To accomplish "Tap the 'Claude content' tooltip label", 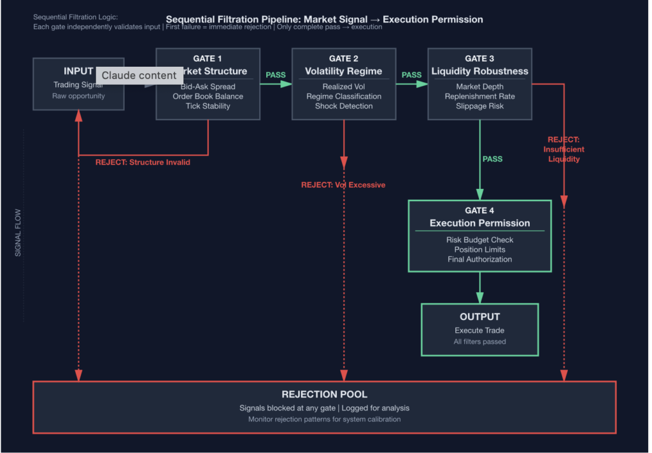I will [139, 75].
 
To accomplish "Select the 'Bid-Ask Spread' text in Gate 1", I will [208, 87].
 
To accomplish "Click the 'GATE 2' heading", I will [343, 59].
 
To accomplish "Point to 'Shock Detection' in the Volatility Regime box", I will [344, 106].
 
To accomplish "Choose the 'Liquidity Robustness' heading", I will [479, 71].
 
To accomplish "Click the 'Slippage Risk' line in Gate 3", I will [479, 106].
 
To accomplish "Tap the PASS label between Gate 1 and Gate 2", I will [276, 75].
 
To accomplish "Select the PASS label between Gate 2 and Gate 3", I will [411, 75].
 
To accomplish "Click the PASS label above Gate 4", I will [492, 159].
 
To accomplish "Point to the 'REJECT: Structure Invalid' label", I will [143, 162].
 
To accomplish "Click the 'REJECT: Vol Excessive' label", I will [343, 185].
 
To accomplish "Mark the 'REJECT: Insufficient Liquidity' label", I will [563, 150].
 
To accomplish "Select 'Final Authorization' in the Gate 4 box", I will [479, 259].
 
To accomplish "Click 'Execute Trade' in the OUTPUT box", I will [479, 330].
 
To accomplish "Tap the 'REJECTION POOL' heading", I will [324, 394].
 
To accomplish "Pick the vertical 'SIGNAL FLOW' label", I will [18, 233].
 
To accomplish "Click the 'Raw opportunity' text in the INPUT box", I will [78, 96].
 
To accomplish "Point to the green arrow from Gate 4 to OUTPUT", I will [480, 288].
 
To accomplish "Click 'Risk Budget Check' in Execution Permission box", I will [479, 240].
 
